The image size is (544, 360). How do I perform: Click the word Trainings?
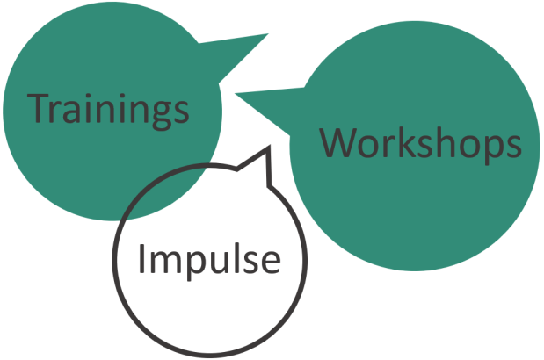click(x=110, y=109)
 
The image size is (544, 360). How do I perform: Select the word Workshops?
click(x=420, y=143)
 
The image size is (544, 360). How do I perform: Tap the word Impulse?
click(x=209, y=259)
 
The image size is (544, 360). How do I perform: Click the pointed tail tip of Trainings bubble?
click(x=266, y=35)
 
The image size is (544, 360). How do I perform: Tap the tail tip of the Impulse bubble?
click(x=265, y=150)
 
